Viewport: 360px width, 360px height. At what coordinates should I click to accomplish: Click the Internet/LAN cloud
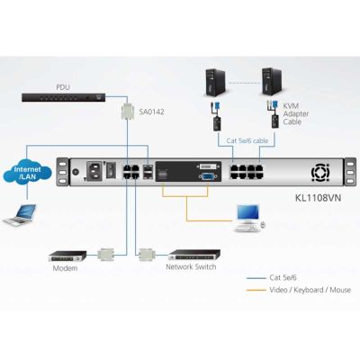click(x=27, y=173)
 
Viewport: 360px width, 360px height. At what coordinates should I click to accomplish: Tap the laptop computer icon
click(x=20, y=214)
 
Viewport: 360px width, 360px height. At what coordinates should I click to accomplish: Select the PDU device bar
click(x=64, y=97)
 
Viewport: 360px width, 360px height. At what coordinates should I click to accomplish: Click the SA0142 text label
click(x=151, y=112)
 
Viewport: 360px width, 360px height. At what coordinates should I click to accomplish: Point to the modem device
click(x=67, y=256)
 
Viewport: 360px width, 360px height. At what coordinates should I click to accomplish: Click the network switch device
click(x=194, y=255)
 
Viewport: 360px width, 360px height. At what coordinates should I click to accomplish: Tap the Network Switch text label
click(x=191, y=266)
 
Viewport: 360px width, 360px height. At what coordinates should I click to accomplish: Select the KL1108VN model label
click(x=319, y=198)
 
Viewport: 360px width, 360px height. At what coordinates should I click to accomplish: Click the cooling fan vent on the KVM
click(x=320, y=173)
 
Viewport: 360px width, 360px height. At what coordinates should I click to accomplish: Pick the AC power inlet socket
click(x=94, y=171)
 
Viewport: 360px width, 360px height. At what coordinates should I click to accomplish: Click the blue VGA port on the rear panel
click(x=207, y=176)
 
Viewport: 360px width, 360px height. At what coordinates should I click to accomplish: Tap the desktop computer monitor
click(x=247, y=213)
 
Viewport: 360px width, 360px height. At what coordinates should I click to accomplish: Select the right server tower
click(x=272, y=82)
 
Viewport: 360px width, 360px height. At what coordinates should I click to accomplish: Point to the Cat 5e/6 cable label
click(x=247, y=140)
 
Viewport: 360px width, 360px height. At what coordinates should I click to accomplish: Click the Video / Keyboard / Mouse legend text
click(x=310, y=290)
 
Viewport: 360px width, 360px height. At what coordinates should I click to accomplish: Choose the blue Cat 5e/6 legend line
click(x=256, y=278)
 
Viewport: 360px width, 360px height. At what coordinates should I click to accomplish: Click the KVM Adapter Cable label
click(x=296, y=113)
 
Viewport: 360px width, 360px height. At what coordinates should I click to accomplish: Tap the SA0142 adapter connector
click(x=128, y=111)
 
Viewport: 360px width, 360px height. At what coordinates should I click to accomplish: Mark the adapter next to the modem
click(x=106, y=255)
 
